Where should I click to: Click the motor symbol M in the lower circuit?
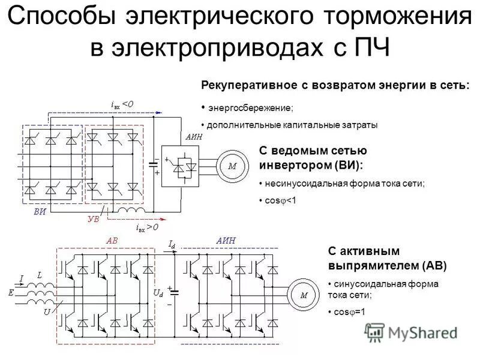click(304, 296)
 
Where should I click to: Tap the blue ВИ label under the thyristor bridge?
click(40, 211)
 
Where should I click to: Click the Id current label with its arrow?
click(172, 245)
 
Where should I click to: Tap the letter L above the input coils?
click(40, 274)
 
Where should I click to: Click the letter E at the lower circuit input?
click(10, 294)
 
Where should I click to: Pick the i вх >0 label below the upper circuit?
click(146, 228)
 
